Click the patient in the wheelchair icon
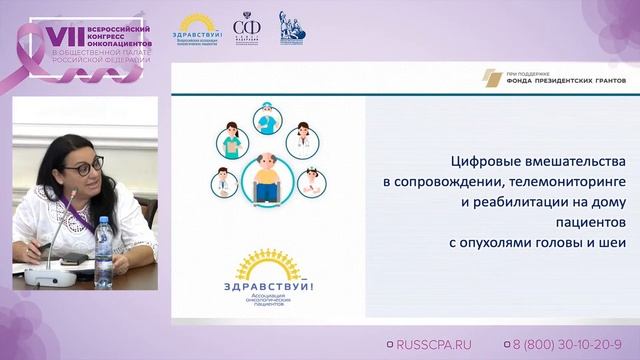[x=265, y=177]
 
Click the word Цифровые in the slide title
[x=485, y=161]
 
